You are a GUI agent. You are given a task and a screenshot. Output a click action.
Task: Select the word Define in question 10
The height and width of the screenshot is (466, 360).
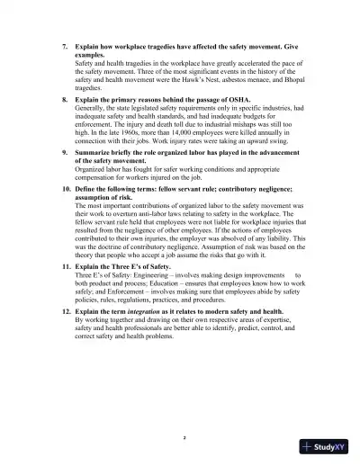(86, 190)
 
